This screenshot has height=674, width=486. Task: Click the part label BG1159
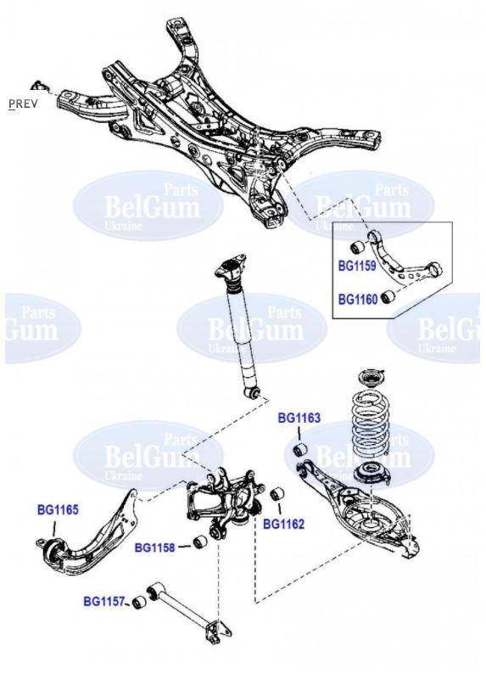[357, 266]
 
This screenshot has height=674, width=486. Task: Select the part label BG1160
[357, 299]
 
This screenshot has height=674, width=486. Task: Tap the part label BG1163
[299, 418]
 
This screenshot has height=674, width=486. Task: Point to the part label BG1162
[283, 524]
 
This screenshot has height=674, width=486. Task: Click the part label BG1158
[155, 548]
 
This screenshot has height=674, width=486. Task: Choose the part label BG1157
[103, 602]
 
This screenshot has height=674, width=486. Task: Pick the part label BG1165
[58, 510]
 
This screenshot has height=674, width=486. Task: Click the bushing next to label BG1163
[299, 448]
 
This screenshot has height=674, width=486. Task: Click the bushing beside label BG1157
[139, 604]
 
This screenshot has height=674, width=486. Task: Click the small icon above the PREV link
[38, 84]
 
